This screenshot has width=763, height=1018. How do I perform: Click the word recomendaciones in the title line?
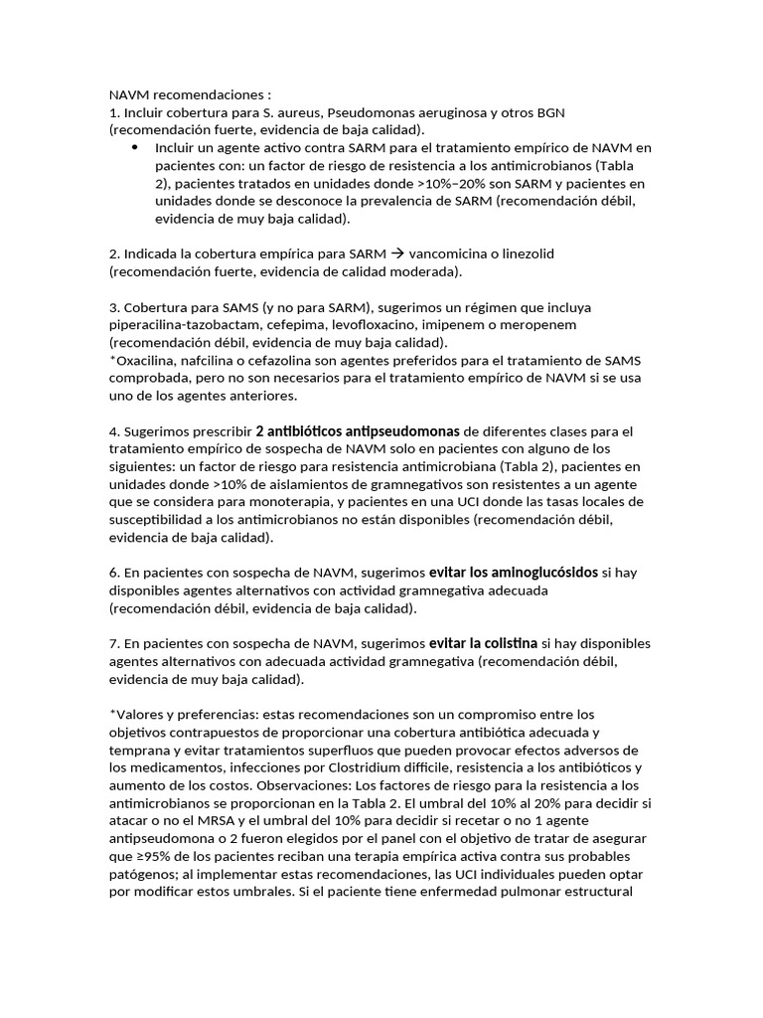coord(208,94)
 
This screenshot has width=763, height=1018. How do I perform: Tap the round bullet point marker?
coord(134,147)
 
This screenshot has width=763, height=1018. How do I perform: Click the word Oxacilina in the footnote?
coord(147,361)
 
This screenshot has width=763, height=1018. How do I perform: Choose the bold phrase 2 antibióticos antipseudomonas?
coord(358,431)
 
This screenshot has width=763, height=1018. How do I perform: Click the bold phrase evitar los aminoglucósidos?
coord(514,573)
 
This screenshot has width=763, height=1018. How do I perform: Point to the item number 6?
coord(113,574)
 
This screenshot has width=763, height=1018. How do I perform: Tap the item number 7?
coord(113,645)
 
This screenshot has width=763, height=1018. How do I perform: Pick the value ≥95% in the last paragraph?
coord(154,857)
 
